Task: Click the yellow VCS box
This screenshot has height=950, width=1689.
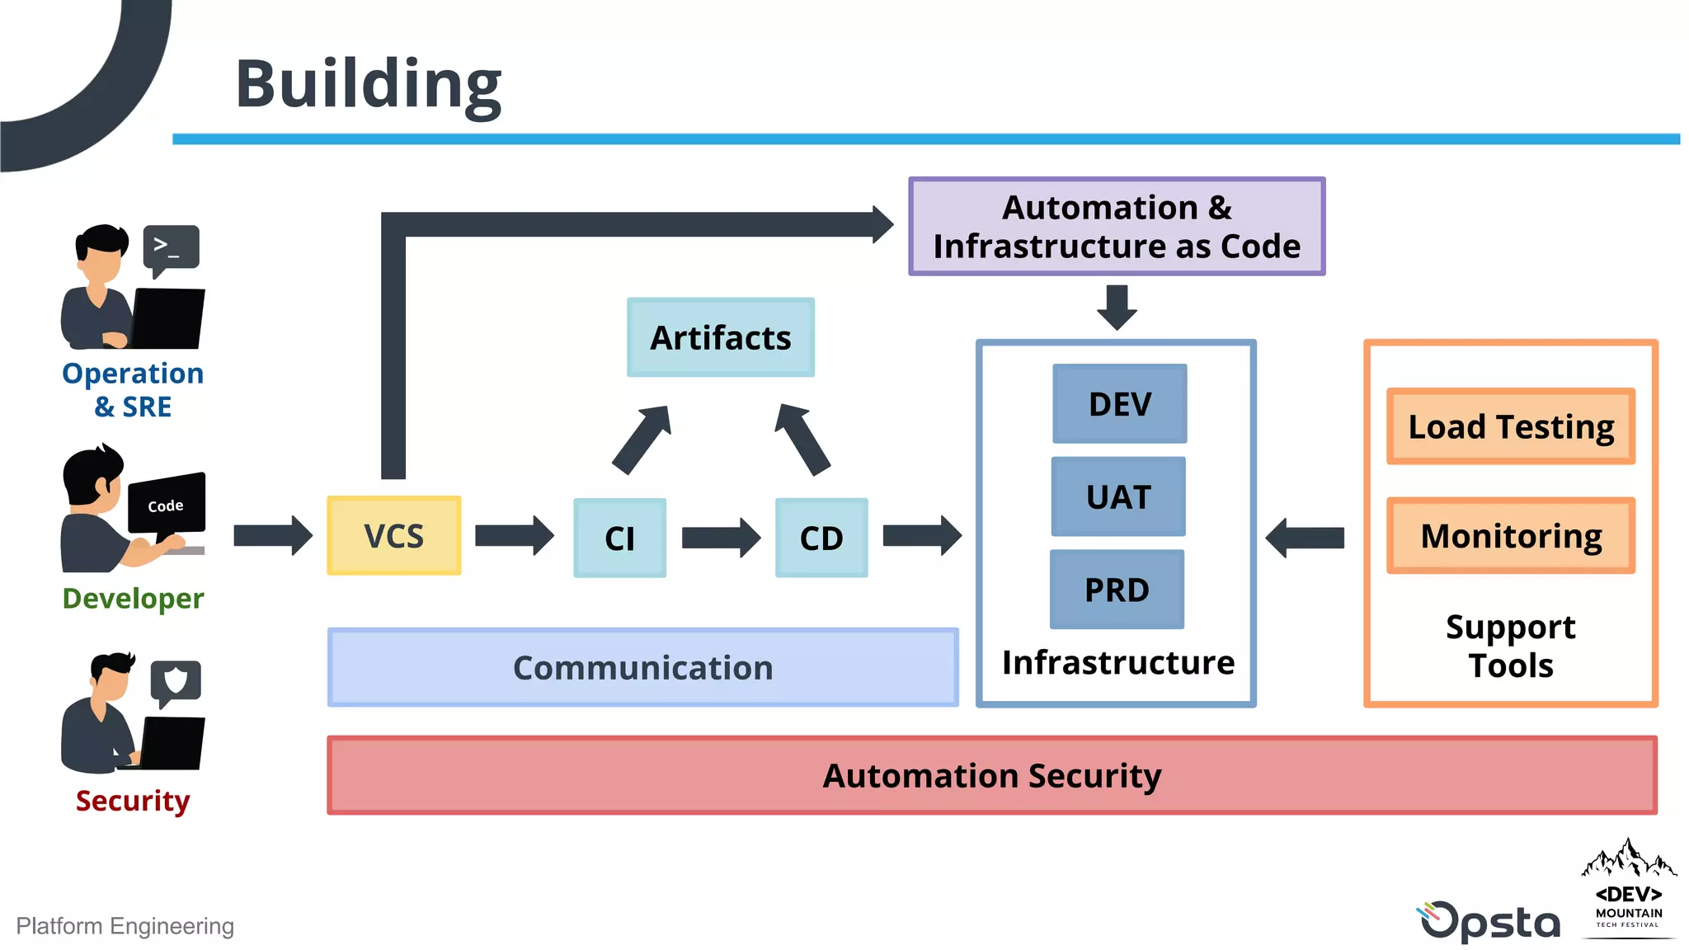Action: (393, 536)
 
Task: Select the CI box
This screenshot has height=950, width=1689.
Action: (619, 538)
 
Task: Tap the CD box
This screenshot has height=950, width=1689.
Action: (821, 538)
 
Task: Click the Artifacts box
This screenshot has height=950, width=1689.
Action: (720, 337)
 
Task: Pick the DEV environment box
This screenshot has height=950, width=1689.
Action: (1119, 404)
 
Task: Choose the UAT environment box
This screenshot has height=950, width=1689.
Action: (1118, 497)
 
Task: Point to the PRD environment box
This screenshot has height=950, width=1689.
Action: (1117, 590)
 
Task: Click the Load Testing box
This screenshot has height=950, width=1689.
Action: (1510, 426)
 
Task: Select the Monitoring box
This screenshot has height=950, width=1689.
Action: (1510, 535)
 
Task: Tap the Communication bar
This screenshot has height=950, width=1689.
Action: (642, 667)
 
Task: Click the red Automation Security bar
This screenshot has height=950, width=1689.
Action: (991, 775)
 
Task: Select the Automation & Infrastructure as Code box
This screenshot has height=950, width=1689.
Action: (1117, 226)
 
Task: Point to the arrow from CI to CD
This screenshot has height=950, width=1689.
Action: (720, 538)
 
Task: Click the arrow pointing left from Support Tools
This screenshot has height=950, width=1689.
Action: (1306, 538)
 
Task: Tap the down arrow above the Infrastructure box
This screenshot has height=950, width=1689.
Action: (1117, 307)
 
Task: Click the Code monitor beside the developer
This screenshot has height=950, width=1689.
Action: (167, 503)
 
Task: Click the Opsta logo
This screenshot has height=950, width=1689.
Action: (1489, 921)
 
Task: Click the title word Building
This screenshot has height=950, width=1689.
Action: (368, 84)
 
